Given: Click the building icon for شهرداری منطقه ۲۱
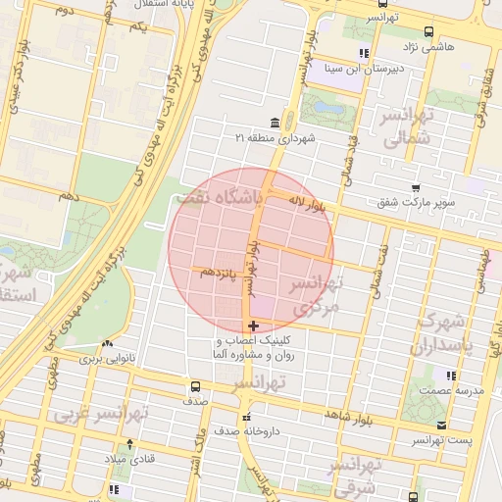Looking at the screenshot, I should (274, 123).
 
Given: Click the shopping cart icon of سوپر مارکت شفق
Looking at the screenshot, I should (416, 187).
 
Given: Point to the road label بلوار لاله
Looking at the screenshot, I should (306, 203).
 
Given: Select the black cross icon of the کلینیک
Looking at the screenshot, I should (253, 326).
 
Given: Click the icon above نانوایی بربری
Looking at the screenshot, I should (106, 345).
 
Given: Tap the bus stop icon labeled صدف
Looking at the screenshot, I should (193, 386).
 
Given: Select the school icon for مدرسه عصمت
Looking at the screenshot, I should (450, 375).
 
